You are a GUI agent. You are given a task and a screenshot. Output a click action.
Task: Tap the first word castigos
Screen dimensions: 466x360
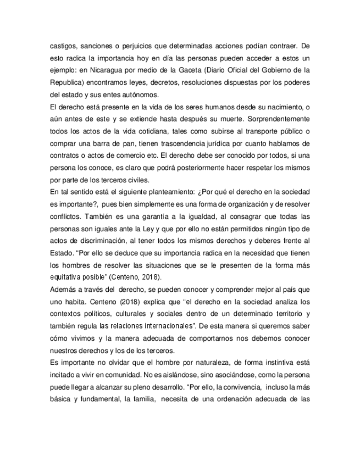[x=63, y=46]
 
